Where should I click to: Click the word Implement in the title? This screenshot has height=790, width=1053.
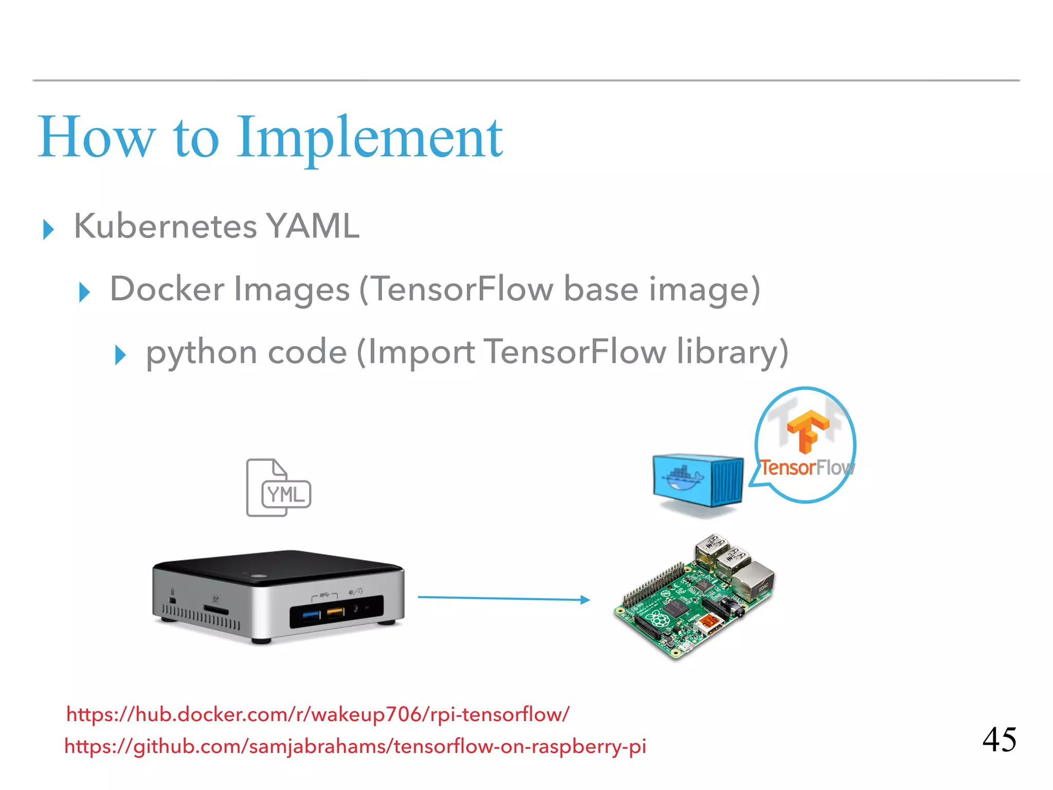pyautogui.click(x=369, y=138)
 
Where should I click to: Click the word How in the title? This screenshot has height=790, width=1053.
pyautogui.click(x=96, y=138)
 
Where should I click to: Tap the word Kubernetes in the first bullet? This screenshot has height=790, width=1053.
pyautogui.click(x=165, y=226)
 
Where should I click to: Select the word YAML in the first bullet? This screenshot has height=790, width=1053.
pyautogui.click(x=312, y=226)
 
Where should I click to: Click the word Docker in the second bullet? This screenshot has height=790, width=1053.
pyautogui.click(x=167, y=289)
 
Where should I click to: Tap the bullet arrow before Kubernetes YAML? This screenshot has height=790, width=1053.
pyautogui.click(x=48, y=229)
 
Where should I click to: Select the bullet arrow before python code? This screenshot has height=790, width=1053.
pyautogui.click(x=120, y=355)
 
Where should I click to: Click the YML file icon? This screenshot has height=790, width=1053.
pyautogui.click(x=278, y=488)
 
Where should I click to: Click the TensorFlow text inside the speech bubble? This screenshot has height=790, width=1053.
pyautogui.click(x=806, y=468)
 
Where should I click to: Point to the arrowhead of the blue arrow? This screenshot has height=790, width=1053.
pyautogui.click(x=585, y=600)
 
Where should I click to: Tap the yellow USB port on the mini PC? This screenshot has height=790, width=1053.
pyautogui.click(x=335, y=613)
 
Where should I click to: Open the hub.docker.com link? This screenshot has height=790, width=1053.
pyautogui.click(x=318, y=714)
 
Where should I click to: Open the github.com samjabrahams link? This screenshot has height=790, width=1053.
pyautogui.click(x=355, y=746)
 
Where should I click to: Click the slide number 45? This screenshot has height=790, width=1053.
pyautogui.click(x=999, y=740)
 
